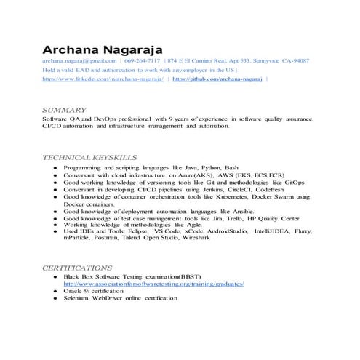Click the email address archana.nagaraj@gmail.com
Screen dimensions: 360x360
tap(79, 61)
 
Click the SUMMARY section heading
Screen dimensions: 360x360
tap(65, 109)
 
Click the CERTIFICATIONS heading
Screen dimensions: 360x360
tap(77, 267)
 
